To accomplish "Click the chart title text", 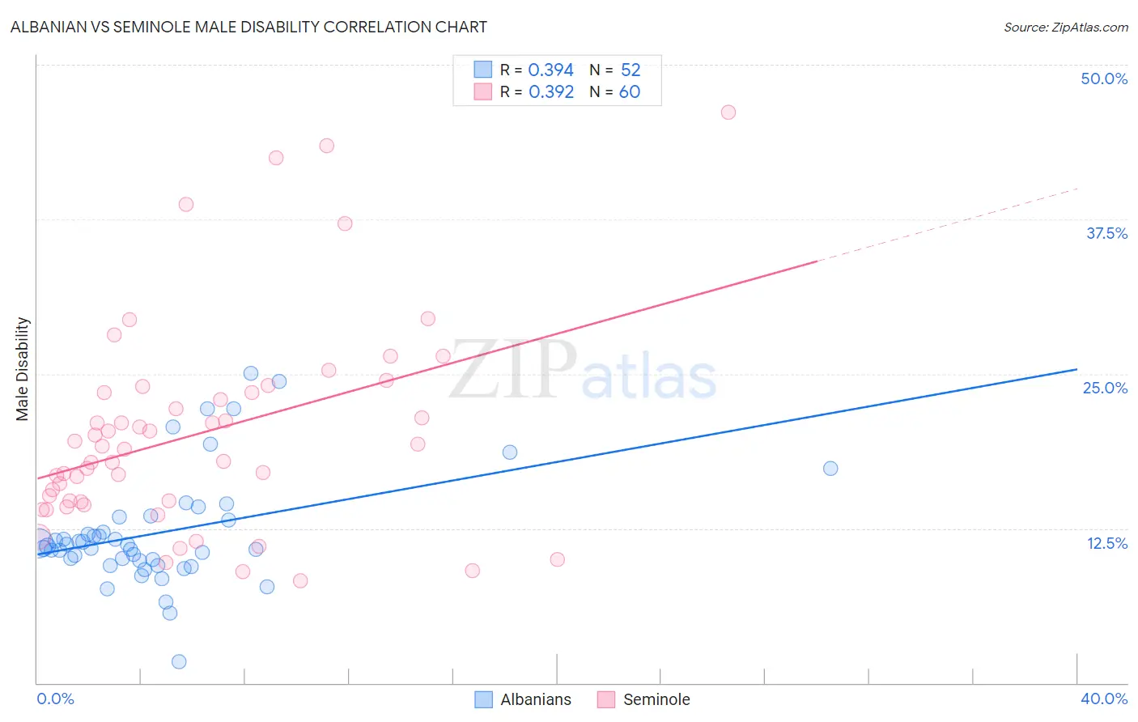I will (x=248, y=27).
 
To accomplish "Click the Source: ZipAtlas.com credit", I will (x=1065, y=28).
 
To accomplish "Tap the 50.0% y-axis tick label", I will (x=1104, y=79).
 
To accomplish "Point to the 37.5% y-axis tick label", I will (x=1106, y=233).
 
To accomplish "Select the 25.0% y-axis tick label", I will (x=1105, y=388).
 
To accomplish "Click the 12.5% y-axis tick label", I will (x=1106, y=543).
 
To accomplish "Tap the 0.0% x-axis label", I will (x=55, y=699).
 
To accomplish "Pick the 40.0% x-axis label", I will (x=1104, y=699).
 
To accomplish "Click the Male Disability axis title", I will (x=23, y=368).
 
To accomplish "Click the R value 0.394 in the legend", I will (x=550, y=70).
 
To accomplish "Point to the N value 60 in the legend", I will (x=629, y=92).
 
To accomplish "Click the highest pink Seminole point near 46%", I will (x=728, y=113).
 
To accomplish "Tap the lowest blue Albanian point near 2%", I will (x=179, y=661).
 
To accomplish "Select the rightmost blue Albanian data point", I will (x=830, y=468).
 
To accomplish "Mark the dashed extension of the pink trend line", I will (x=947, y=225).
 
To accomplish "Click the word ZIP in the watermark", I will (x=512, y=370).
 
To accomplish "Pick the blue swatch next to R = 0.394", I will (x=482, y=70).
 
